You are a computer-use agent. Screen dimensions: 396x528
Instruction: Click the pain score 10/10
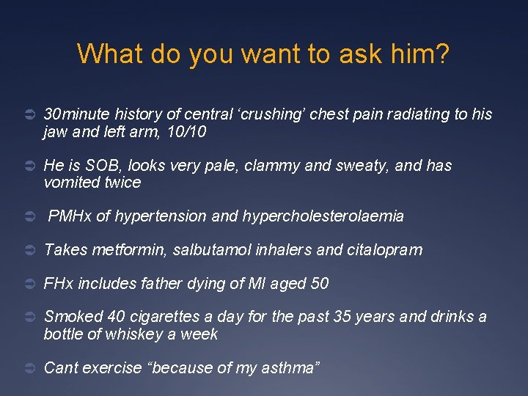click(186, 132)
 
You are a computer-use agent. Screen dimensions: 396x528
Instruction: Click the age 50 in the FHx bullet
click(319, 283)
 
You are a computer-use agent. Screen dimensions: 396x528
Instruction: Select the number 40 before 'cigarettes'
click(116, 317)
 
